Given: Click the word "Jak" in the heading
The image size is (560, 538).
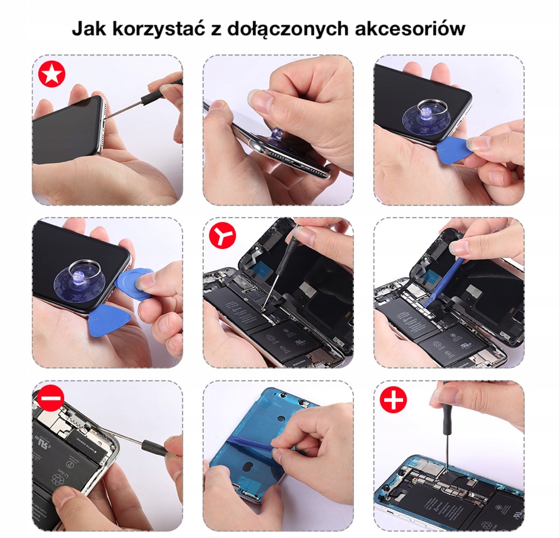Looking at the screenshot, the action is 89,28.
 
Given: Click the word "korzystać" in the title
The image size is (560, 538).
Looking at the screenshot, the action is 159,29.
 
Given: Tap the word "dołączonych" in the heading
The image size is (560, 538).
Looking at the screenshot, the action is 288,29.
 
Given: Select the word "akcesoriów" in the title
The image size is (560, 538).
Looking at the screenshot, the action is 410,28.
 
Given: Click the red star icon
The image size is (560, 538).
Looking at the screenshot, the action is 52,74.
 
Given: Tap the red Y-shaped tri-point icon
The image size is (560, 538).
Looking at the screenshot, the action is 223,235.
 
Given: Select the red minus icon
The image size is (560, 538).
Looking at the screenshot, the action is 51,398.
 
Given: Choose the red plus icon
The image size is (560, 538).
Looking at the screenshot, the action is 393,399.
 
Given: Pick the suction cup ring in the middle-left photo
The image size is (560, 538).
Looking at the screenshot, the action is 85,270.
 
